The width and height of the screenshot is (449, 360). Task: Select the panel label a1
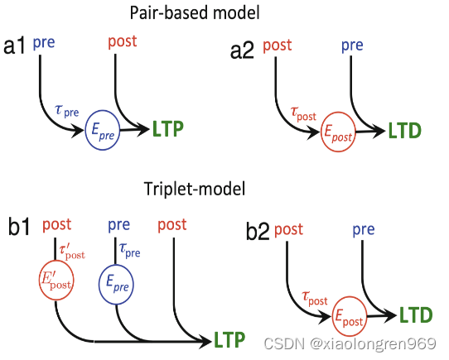16,47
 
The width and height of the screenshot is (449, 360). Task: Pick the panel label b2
258,232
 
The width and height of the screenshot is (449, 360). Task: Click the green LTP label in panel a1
167,128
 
